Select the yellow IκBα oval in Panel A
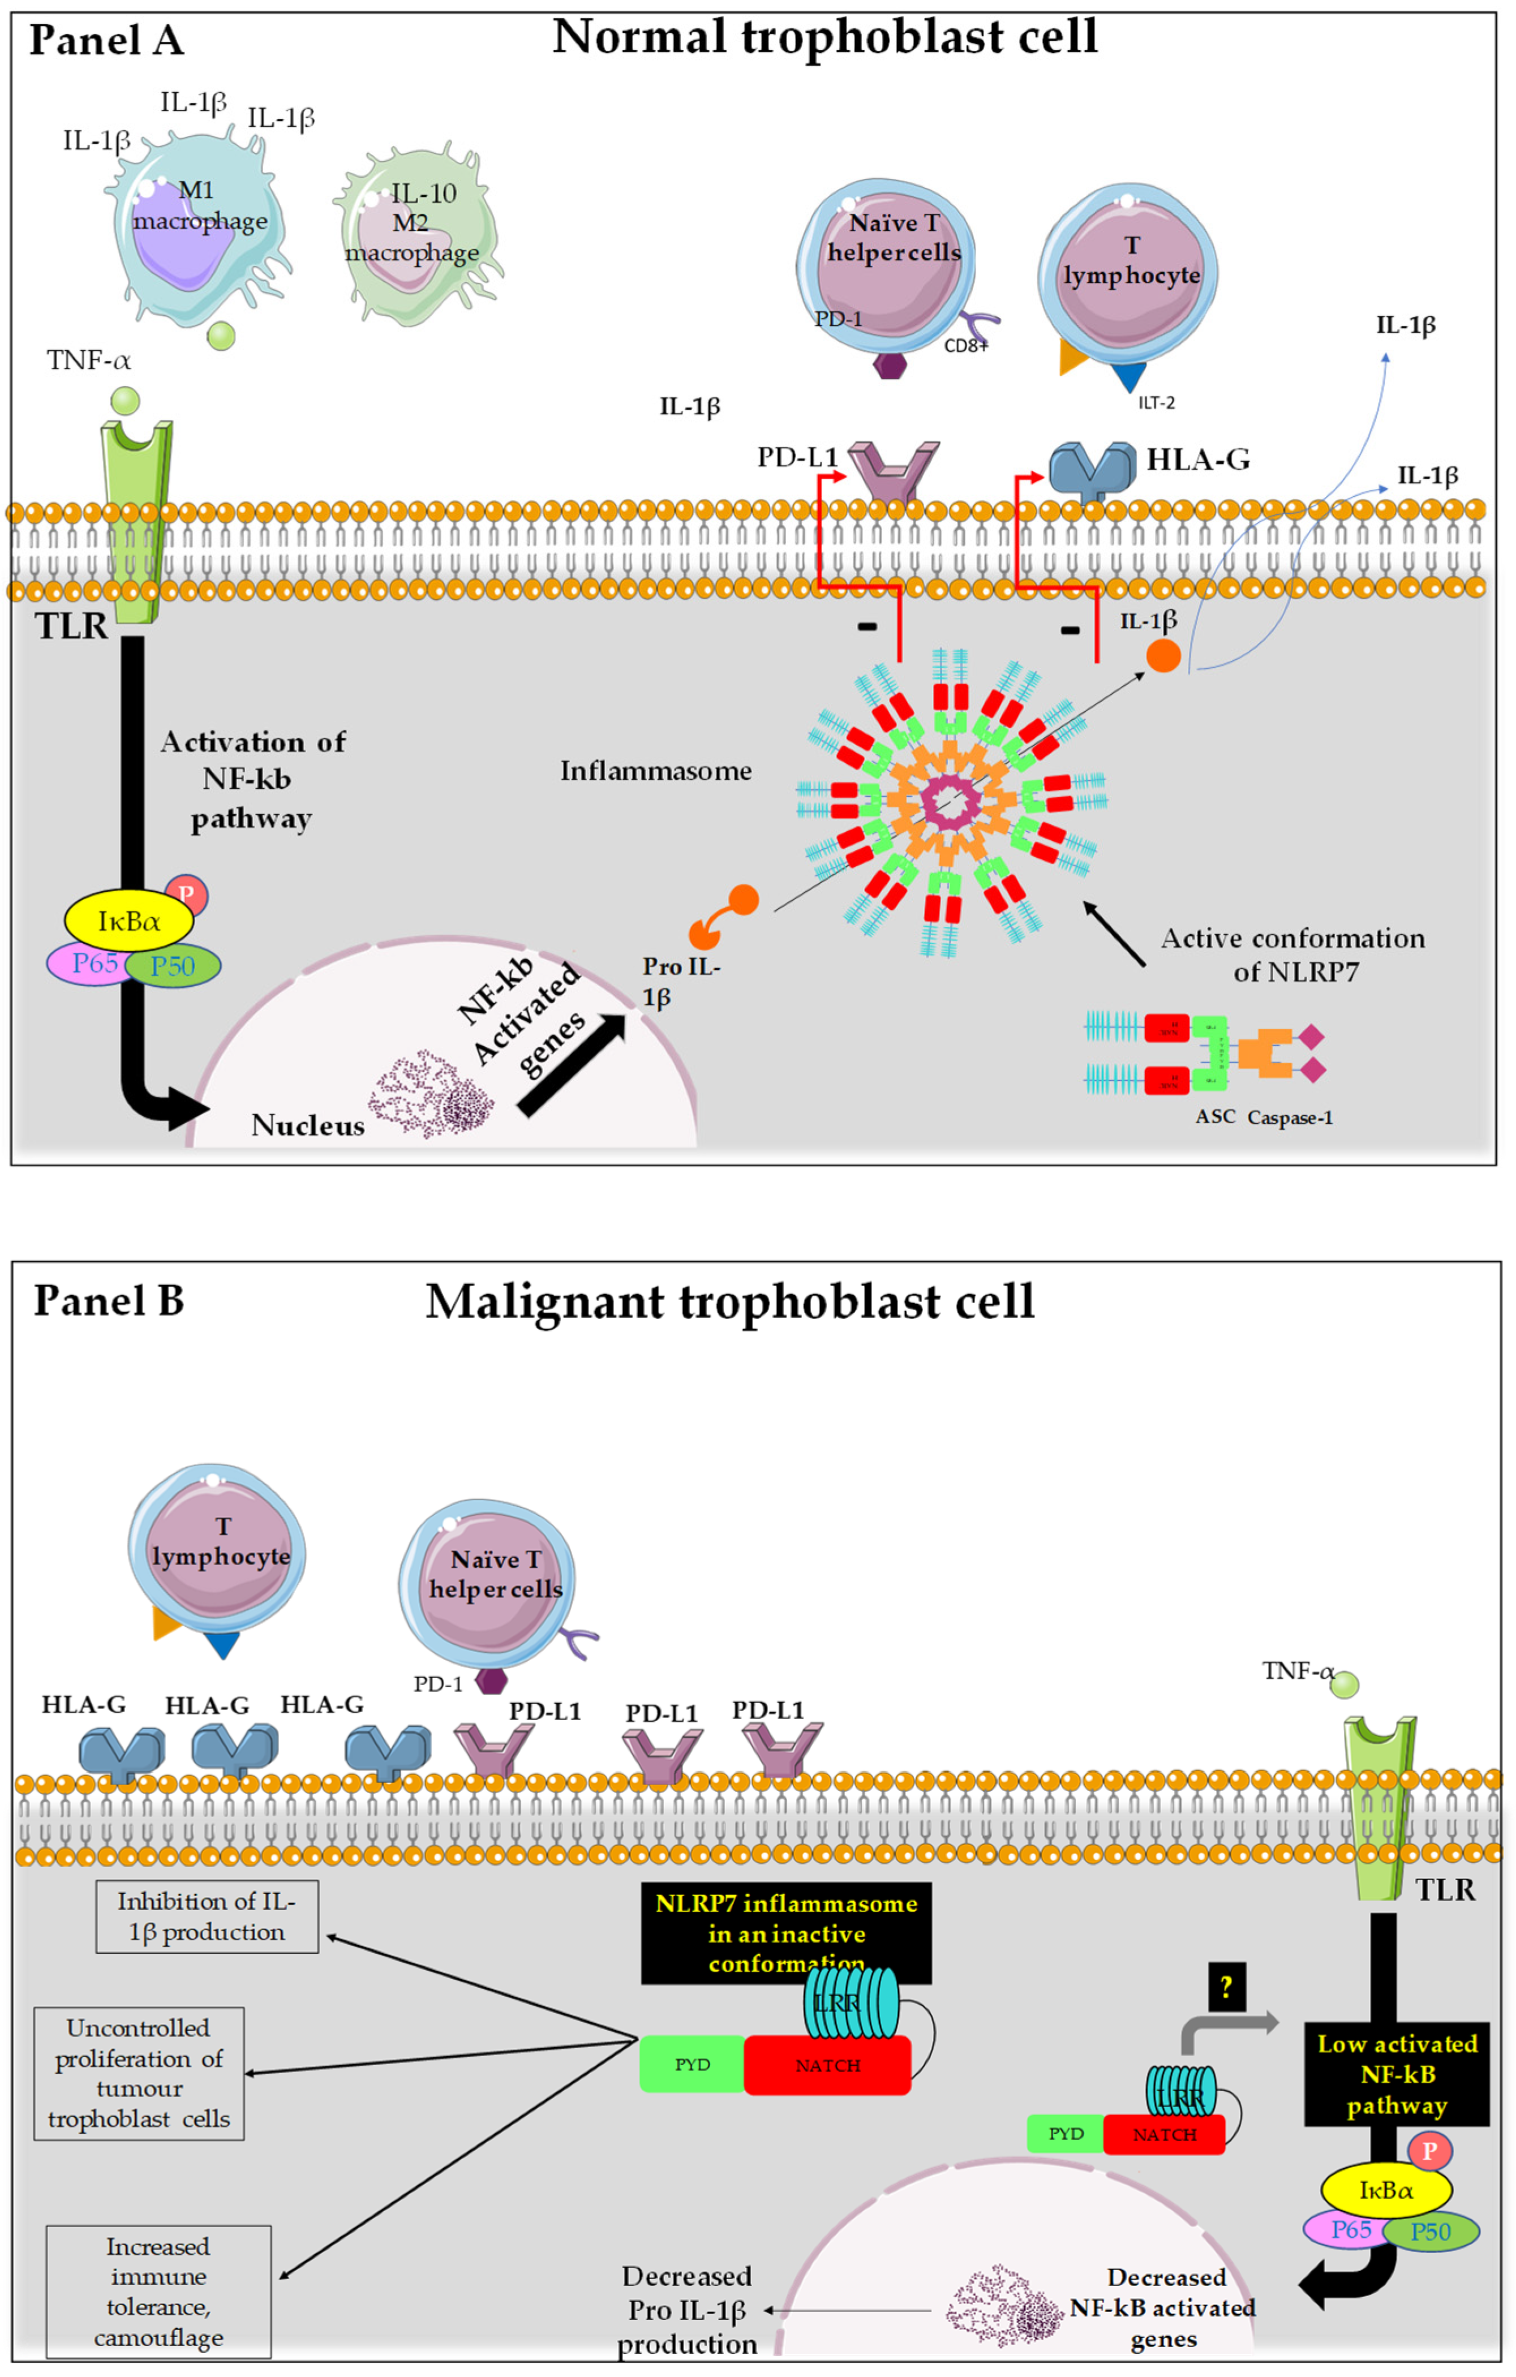point(128,921)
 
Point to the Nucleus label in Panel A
point(307,1125)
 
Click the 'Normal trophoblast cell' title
point(824,37)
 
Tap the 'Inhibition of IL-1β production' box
point(207,1916)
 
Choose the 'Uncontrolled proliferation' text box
point(138,2073)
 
